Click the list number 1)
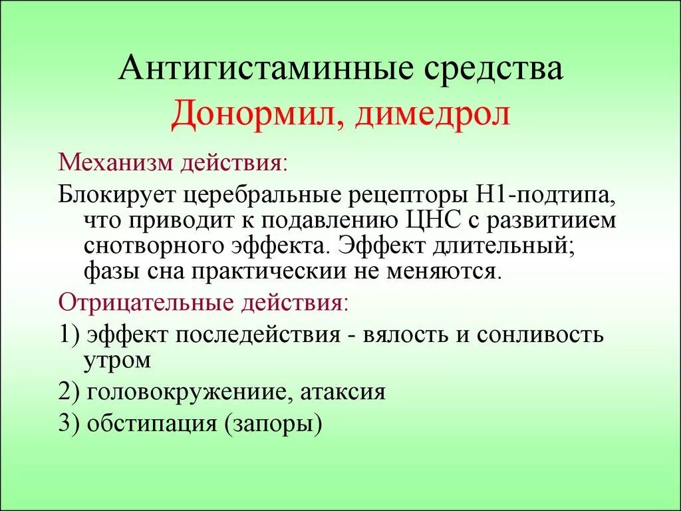pyautogui.click(x=69, y=334)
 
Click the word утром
pyautogui.click(x=118, y=361)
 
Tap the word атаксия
pyautogui.click(x=343, y=392)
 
